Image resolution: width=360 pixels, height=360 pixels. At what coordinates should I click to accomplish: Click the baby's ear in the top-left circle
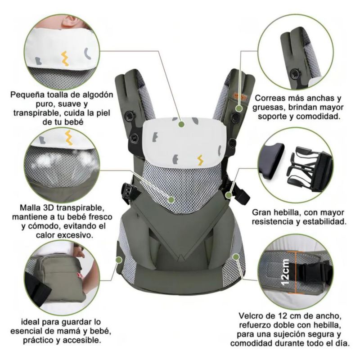coord(71,21)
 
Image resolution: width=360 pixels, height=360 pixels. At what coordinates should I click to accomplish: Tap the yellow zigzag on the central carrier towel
coord(200,160)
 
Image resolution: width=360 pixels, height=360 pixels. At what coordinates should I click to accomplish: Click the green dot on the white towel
coord(182,124)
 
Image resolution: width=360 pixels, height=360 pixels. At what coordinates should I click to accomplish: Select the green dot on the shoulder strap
coord(239,108)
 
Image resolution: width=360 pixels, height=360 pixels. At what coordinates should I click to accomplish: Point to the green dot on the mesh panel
coord(171,199)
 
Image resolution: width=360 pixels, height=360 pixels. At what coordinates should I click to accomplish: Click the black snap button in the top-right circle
coord(294,73)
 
